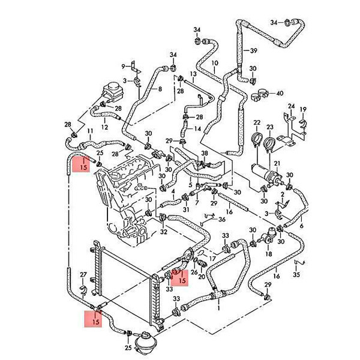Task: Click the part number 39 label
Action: click(x=253, y=50)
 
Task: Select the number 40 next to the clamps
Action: click(x=280, y=93)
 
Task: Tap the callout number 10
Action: click(x=215, y=63)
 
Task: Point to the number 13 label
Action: click(x=193, y=74)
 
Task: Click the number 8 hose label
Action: click(x=160, y=89)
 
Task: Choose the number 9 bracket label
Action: click(x=124, y=67)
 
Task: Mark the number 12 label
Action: click(x=104, y=127)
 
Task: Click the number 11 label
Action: click(x=90, y=131)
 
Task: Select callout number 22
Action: click(x=257, y=122)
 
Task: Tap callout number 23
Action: click(x=270, y=127)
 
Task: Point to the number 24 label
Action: click(x=292, y=106)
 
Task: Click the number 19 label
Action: click(x=303, y=109)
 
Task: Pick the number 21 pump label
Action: click(x=277, y=163)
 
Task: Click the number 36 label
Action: click(x=222, y=220)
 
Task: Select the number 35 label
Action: click(x=296, y=274)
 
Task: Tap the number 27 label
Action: click(x=83, y=274)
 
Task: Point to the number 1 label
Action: click(x=219, y=307)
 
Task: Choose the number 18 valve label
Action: click(x=269, y=254)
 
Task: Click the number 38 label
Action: click(x=205, y=153)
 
